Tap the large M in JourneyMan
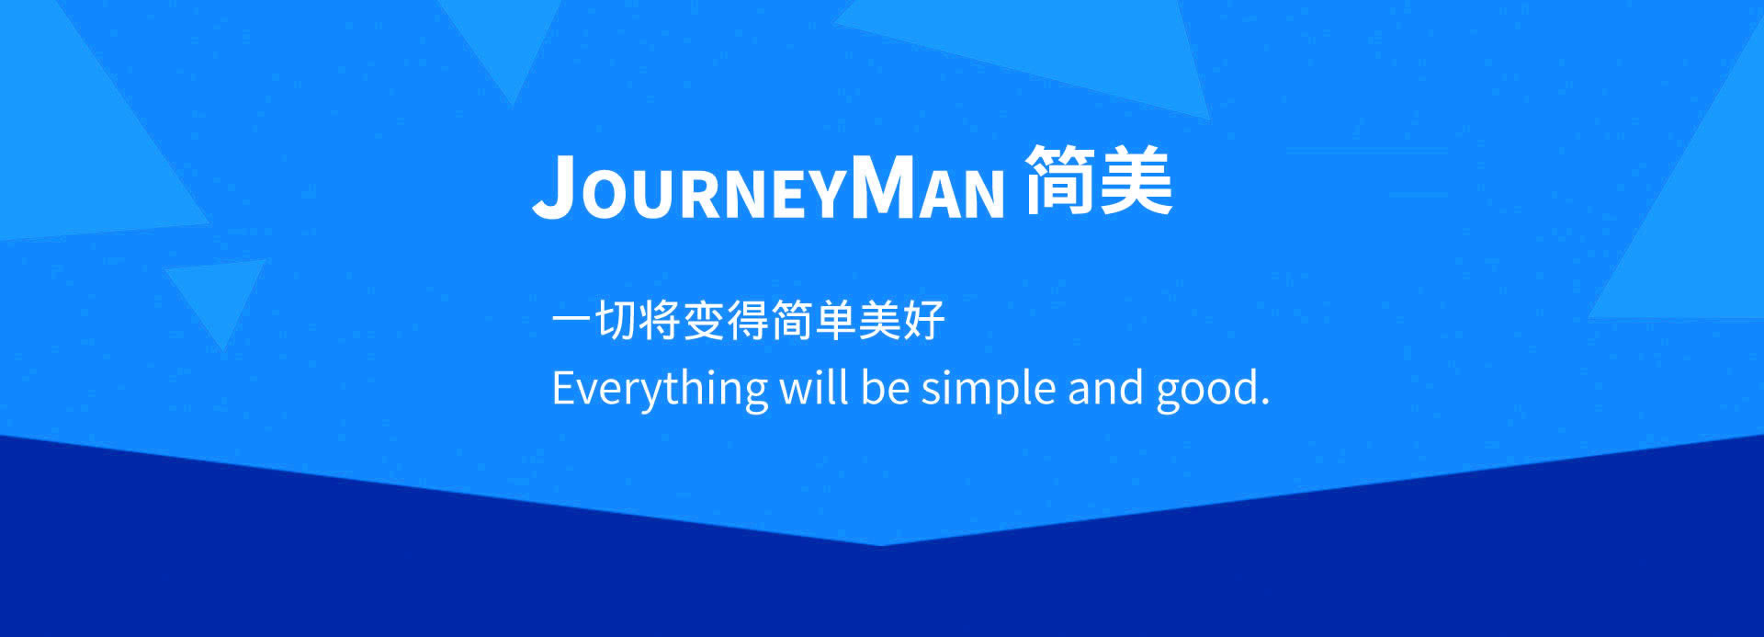coord(886,187)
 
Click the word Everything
coord(660,389)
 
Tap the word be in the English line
coord(885,387)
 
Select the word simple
coord(989,389)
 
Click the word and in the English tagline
coord(1106,387)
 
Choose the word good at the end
coord(1207,389)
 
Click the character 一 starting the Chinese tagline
coord(571,321)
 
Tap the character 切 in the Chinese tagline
coord(616,321)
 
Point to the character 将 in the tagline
coord(659,321)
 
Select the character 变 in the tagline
coord(703,321)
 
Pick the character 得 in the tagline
coord(747,321)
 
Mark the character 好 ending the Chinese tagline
coord(923,321)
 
